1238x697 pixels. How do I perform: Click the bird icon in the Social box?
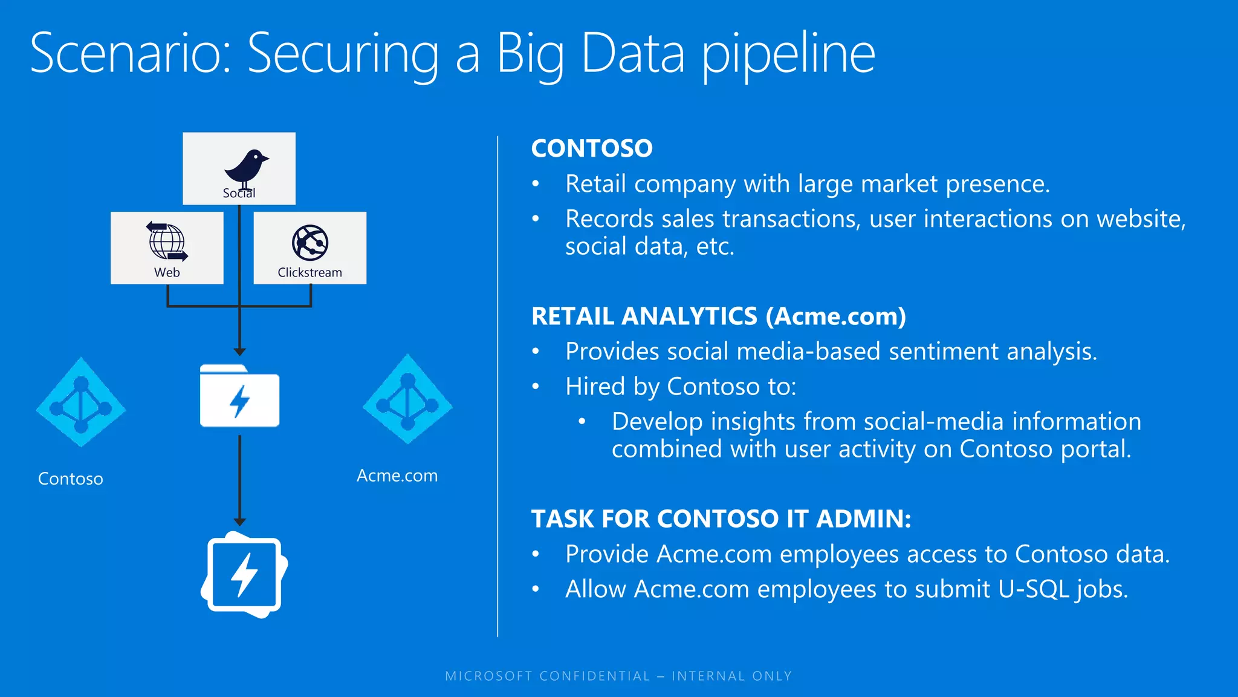tap(245, 168)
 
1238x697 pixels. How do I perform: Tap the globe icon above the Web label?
tap(167, 241)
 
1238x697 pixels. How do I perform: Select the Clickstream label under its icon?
tap(309, 272)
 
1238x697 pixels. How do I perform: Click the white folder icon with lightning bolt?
tap(239, 396)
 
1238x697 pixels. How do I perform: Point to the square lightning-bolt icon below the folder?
tap(244, 575)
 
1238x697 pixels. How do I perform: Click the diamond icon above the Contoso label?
tap(81, 402)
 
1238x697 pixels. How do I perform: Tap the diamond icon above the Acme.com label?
tap(407, 399)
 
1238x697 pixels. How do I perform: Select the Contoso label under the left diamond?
tap(71, 479)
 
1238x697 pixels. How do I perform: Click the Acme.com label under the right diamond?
tap(397, 476)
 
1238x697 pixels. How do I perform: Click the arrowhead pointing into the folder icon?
tap(240, 352)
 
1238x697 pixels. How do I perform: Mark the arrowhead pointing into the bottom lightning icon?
tap(240, 522)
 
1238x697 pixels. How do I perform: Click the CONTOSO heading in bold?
tap(592, 148)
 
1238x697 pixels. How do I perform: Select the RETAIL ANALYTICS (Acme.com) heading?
tap(718, 316)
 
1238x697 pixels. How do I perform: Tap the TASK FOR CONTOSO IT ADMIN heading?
tap(721, 519)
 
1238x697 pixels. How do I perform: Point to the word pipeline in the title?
tap(788, 54)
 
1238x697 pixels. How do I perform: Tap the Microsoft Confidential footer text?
tap(618, 676)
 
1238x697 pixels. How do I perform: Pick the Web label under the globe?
tap(167, 272)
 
